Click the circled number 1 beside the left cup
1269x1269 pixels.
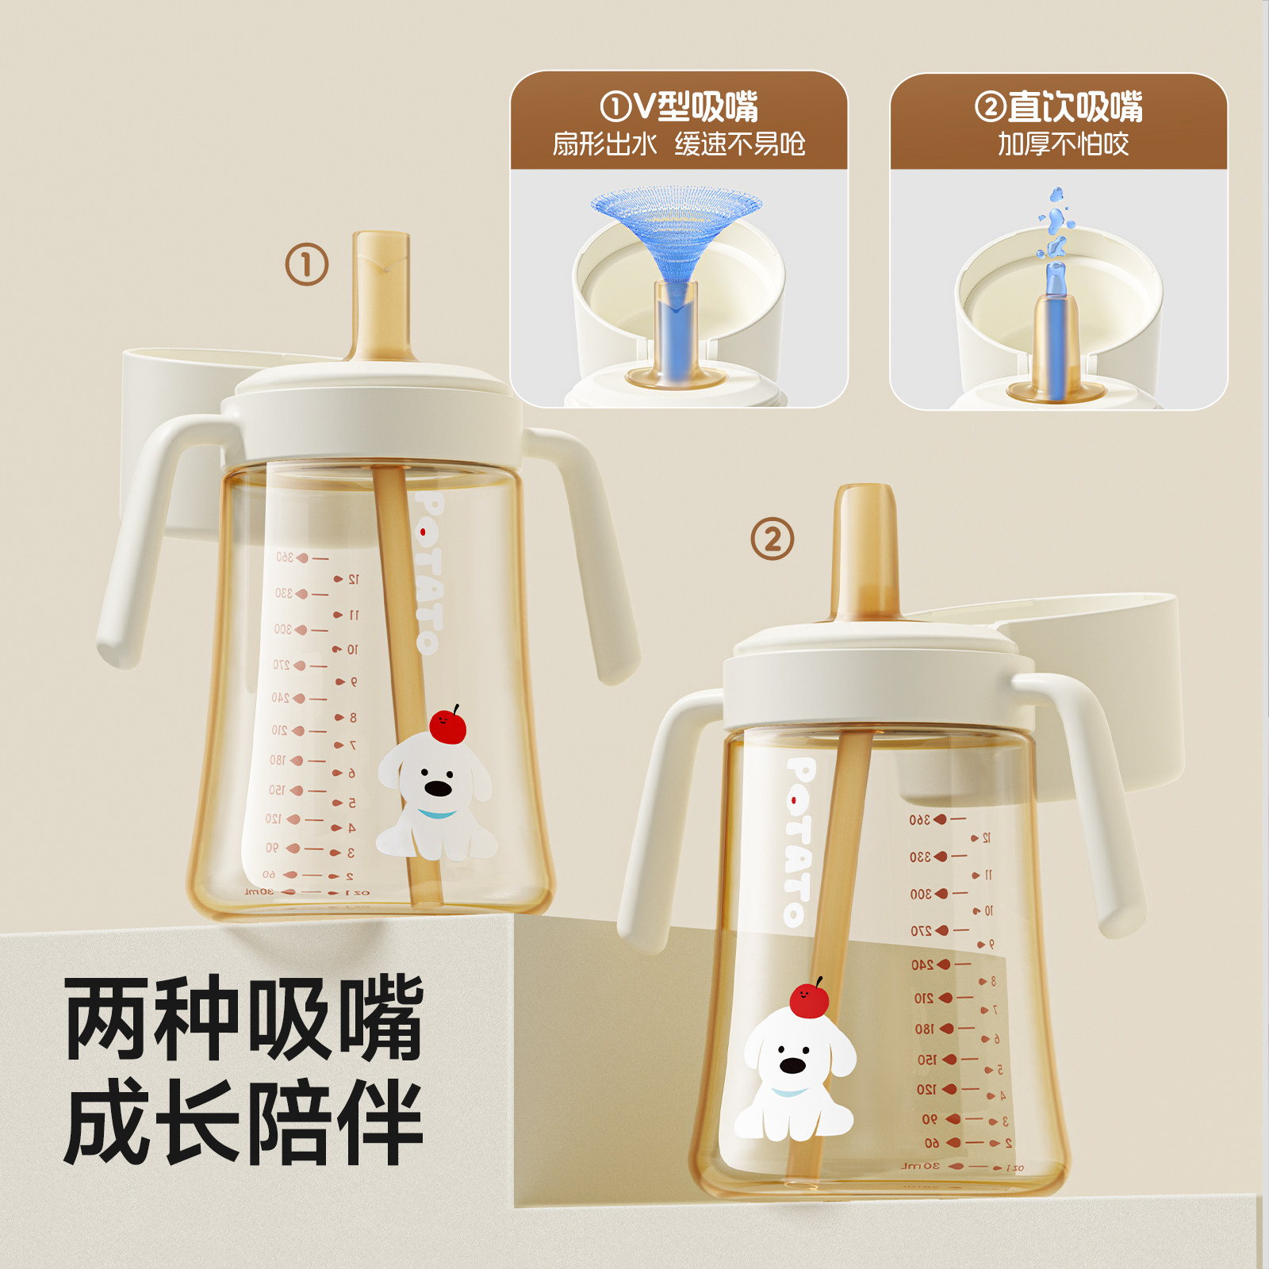coord(307,264)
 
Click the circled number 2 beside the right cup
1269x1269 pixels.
coord(772,539)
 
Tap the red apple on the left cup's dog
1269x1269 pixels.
coord(447,726)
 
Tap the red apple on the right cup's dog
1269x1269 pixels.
coord(809,999)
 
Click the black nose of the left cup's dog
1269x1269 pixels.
coord(438,788)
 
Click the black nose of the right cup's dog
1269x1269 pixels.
coord(792,1065)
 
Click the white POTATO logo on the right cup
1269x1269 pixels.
coord(799,841)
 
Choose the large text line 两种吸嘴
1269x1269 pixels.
coord(244,1019)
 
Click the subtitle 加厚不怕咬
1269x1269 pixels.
coord(1063,144)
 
